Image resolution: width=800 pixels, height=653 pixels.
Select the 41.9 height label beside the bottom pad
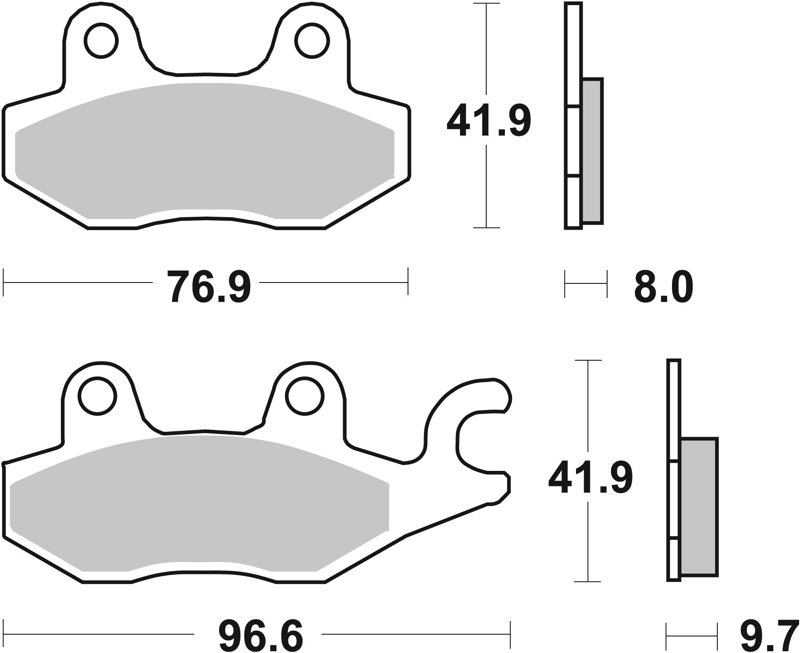point(590,478)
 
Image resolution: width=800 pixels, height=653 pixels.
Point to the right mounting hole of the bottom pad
point(304,396)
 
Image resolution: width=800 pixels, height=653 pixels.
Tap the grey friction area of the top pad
point(204,151)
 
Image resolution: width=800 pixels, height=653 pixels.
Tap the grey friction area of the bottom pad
point(200,502)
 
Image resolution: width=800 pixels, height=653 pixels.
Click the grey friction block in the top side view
point(592,151)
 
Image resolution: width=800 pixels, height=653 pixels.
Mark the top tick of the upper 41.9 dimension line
point(487,4)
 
